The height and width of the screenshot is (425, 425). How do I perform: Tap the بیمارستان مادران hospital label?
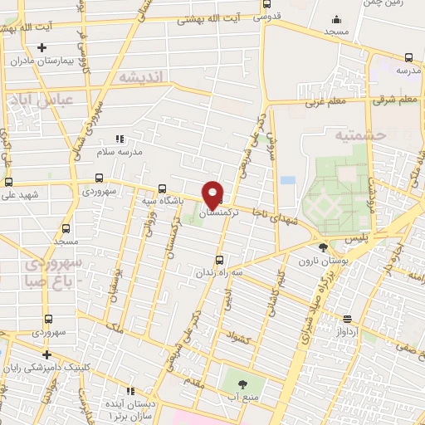47,61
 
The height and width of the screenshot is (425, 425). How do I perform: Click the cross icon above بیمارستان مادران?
41,47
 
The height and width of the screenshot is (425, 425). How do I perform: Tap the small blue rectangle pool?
288,179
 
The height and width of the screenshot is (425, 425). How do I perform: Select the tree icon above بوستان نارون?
323,247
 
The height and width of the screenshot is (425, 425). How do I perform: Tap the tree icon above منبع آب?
242,383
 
